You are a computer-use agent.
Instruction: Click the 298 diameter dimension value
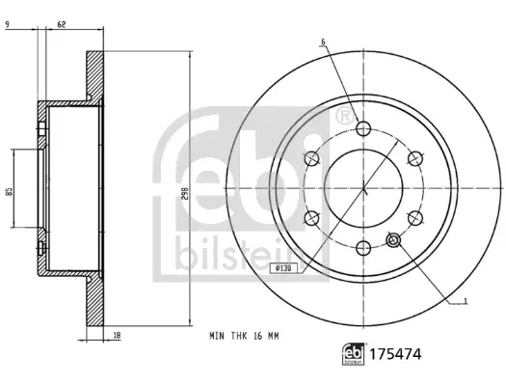click(185, 193)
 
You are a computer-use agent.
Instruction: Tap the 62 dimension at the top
click(62, 24)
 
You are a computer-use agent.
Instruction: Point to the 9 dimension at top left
click(8, 24)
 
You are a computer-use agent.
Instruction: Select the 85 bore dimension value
click(10, 190)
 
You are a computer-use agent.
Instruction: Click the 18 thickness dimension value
click(117, 336)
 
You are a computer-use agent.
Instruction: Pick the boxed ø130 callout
click(280, 268)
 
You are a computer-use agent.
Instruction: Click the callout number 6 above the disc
click(323, 41)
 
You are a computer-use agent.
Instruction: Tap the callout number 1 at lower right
click(465, 301)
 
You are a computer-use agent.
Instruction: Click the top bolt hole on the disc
click(363, 129)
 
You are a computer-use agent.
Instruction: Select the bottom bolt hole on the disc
click(363, 248)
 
